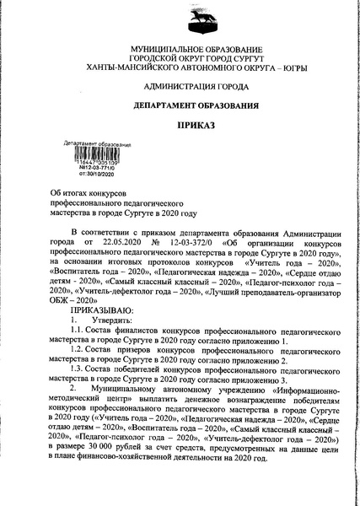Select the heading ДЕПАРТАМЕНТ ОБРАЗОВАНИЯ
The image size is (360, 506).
click(179, 106)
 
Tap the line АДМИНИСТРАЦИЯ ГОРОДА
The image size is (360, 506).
click(179, 88)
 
